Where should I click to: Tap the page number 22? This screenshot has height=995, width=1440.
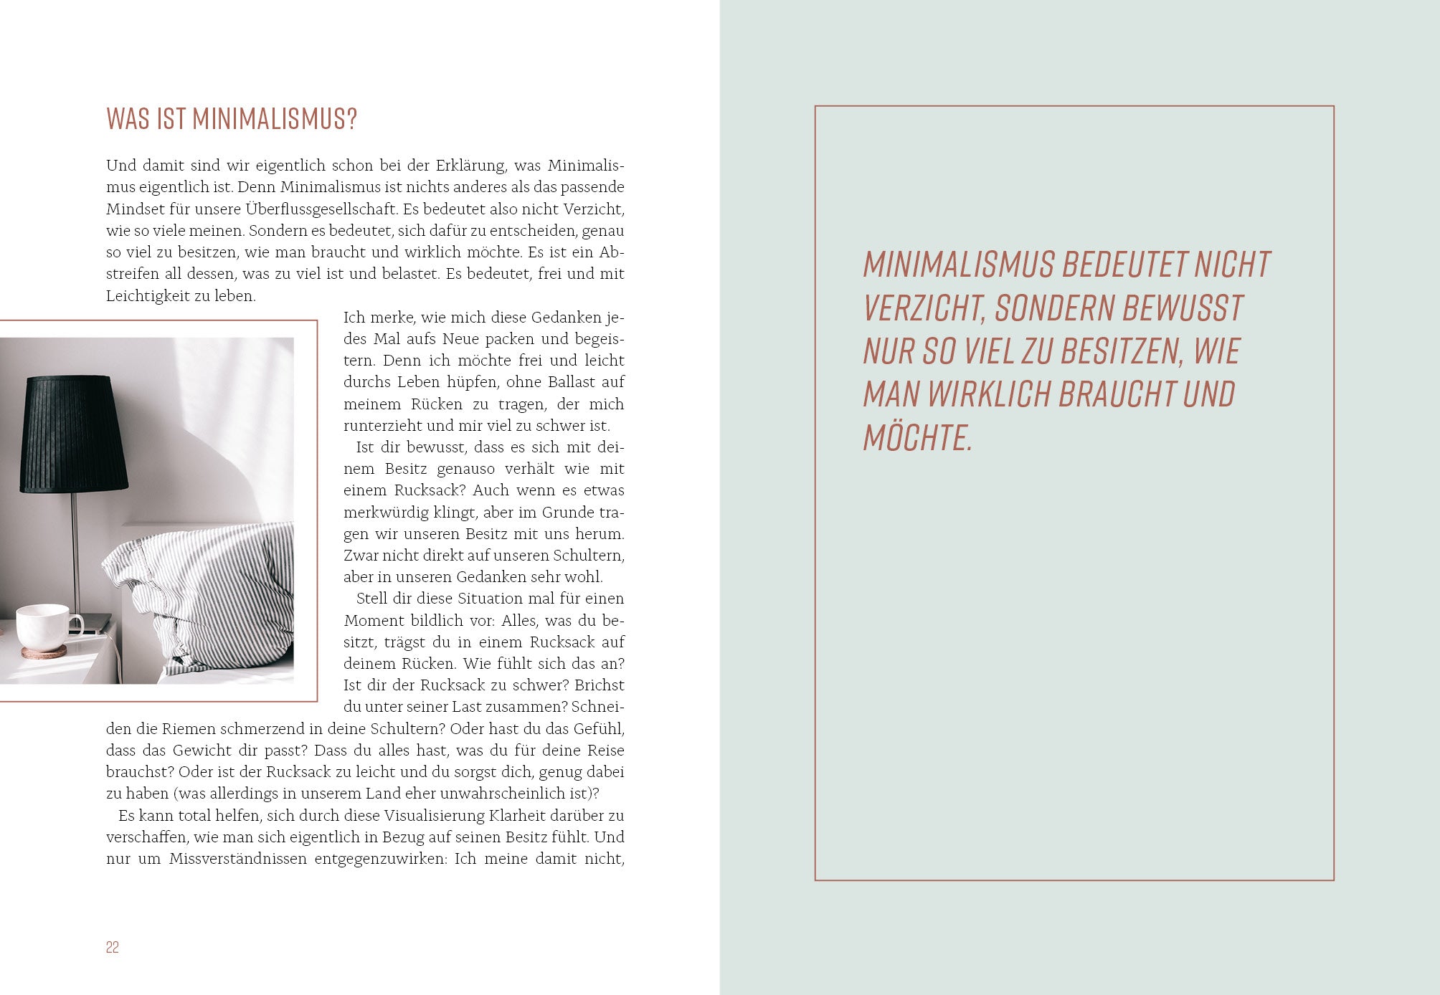(x=113, y=947)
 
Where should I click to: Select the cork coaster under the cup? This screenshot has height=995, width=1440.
(x=44, y=652)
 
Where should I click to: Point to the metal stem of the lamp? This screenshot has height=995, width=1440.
(x=75, y=552)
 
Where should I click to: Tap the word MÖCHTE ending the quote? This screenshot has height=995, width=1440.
(x=916, y=438)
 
